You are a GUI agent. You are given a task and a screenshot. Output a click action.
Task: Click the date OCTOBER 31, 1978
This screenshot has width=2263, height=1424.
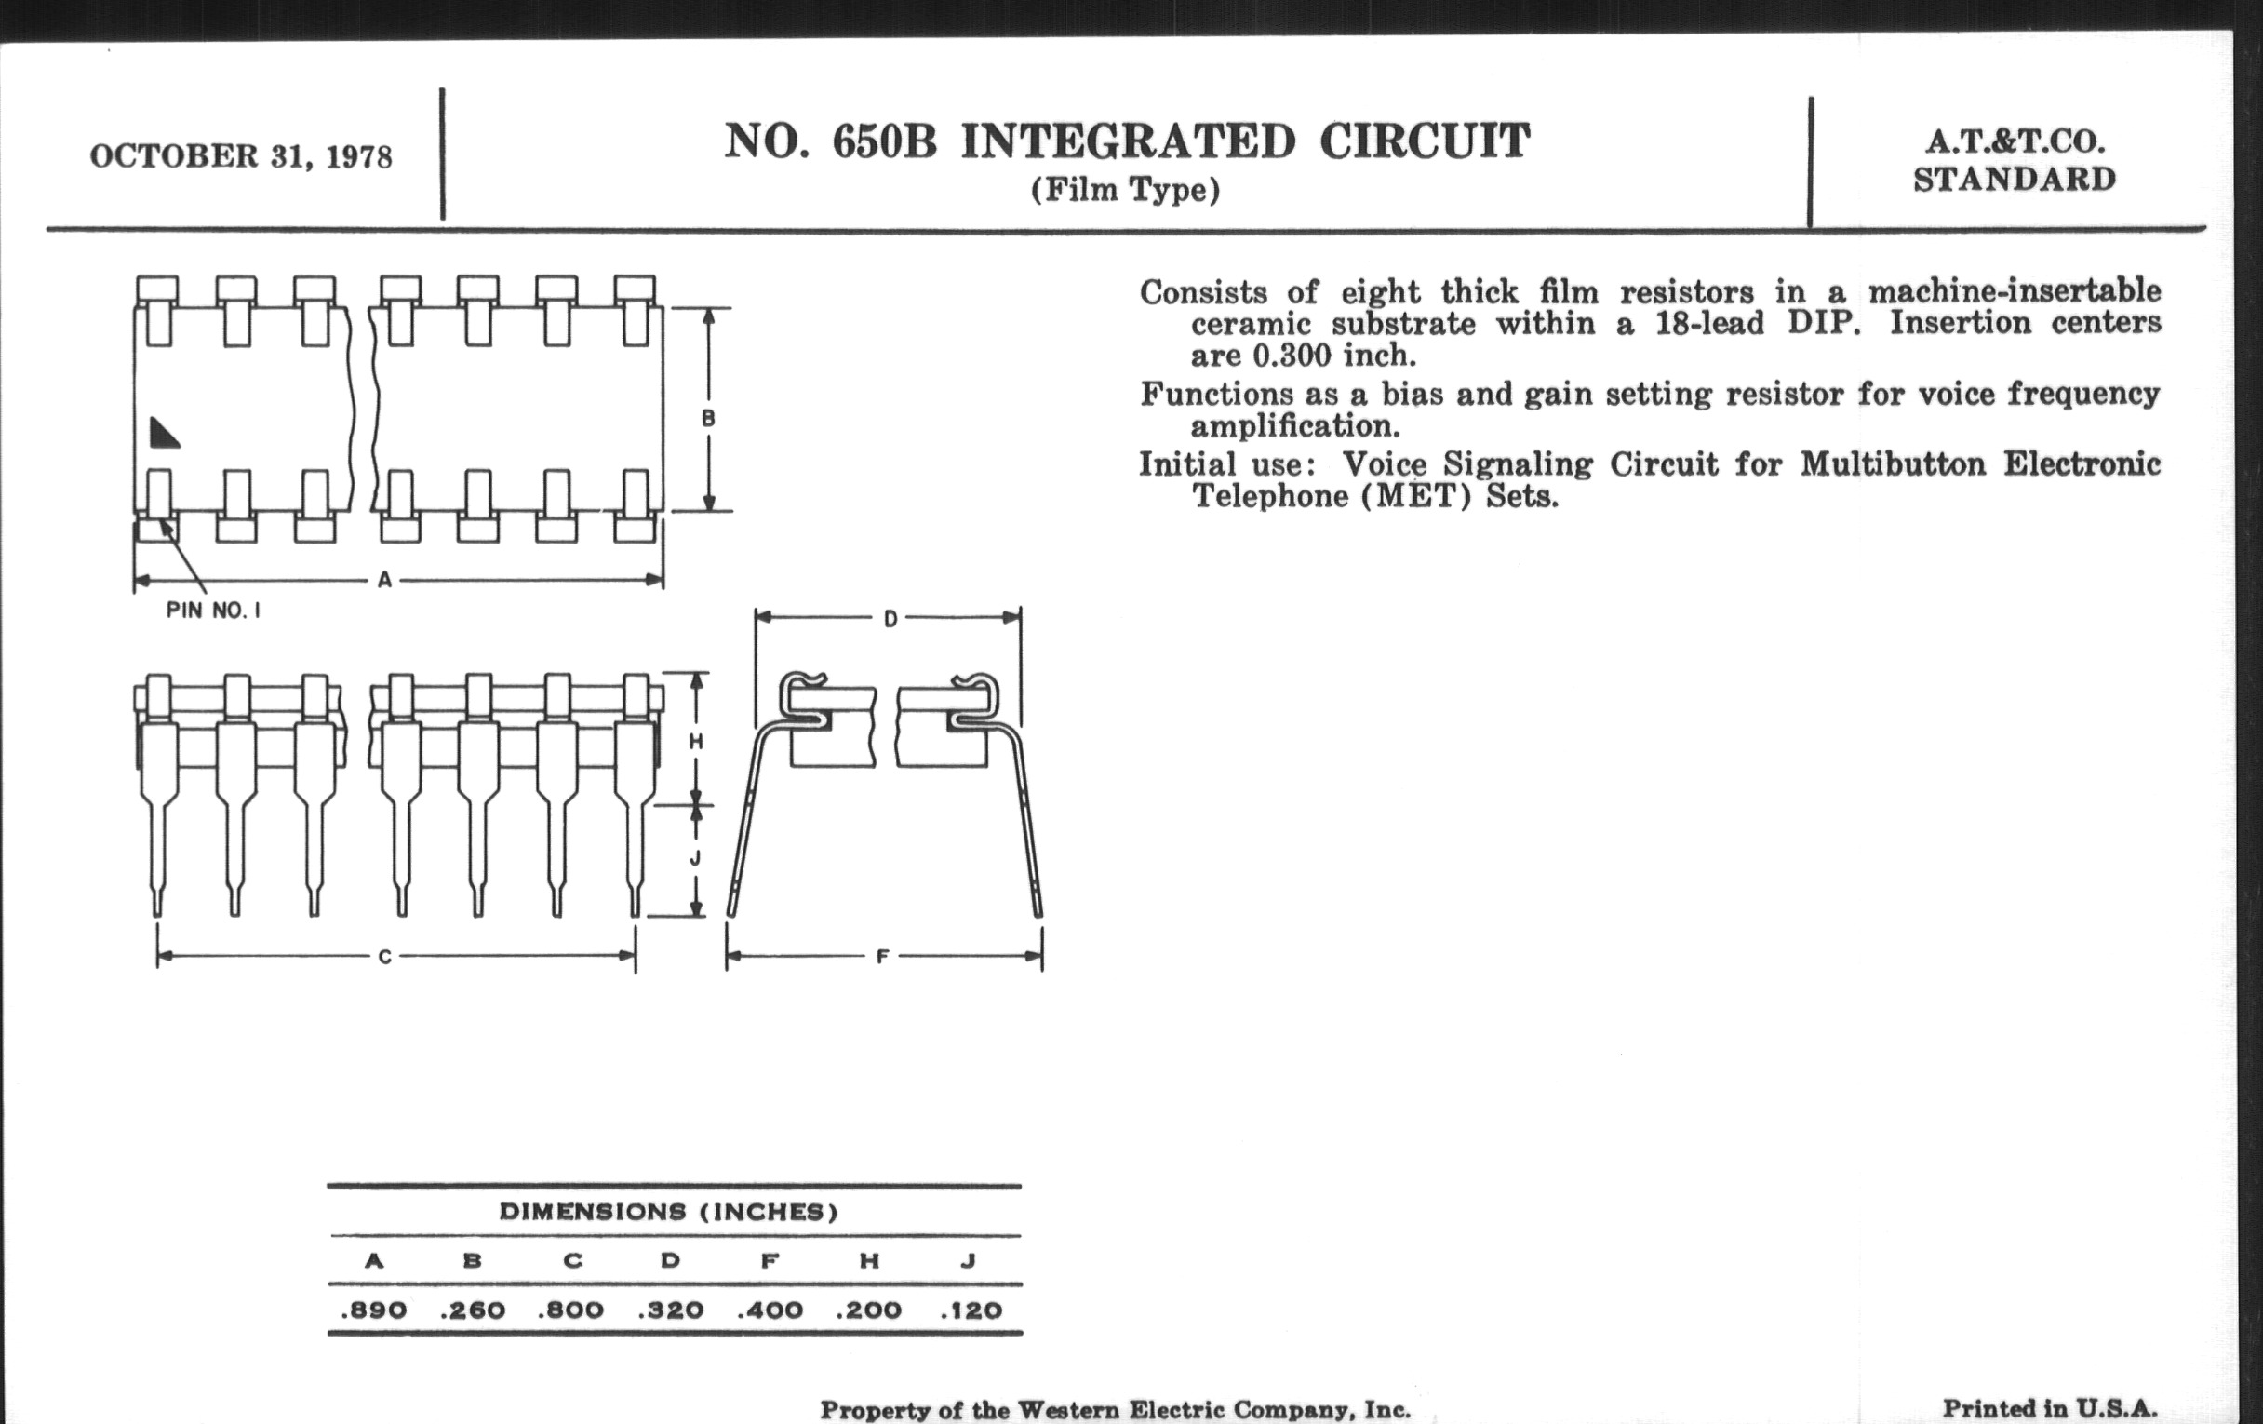(241, 156)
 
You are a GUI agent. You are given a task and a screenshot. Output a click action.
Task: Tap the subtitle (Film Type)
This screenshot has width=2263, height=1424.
(1125, 191)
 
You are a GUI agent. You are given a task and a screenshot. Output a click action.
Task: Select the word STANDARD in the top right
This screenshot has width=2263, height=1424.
(2015, 179)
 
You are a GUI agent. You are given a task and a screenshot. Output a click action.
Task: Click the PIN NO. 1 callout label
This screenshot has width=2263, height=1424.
(213, 610)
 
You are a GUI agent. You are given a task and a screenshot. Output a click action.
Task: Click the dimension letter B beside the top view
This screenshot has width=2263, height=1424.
(709, 418)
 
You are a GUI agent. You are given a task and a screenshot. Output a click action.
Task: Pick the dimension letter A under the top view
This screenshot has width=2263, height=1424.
(384, 581)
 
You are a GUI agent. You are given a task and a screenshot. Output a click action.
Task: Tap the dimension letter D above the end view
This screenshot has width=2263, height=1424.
(890, 619)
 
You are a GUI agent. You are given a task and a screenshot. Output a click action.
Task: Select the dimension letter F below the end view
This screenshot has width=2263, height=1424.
(881, 957)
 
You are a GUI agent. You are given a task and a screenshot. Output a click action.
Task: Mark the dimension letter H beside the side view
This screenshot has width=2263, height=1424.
(696, 742)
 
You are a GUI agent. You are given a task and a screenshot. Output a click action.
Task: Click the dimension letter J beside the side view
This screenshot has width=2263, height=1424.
(696, 858)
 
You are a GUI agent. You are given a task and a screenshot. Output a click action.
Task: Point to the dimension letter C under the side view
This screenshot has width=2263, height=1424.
(384, 957)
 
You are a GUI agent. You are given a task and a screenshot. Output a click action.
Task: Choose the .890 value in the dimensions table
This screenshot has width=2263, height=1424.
(374, 1310)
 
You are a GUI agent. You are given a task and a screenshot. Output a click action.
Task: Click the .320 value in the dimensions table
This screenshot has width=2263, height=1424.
(670, 1310)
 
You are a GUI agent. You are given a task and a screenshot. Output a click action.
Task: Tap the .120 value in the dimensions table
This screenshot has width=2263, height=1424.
(971, 1310)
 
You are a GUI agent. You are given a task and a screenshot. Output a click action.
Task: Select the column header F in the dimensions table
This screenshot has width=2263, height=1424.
(770, 1260)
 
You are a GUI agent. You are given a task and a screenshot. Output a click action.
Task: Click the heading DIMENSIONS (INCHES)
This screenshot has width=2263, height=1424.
(668, 1212)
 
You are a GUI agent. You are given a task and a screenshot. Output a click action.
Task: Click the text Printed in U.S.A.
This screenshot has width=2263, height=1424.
(2050, 1408)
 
